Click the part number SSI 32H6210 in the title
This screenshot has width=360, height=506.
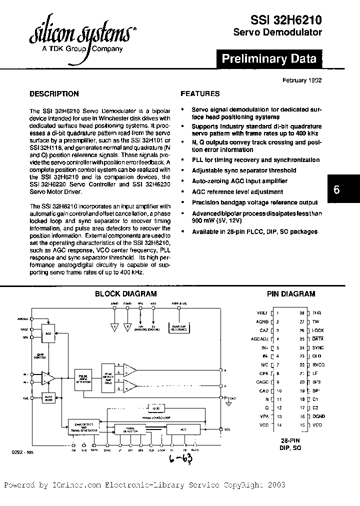click(285, 19)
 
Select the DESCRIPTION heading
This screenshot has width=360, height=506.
click(54, 93)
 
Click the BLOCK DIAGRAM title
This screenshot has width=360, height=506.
click(126, 294)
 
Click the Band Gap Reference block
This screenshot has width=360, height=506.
click(181, 327)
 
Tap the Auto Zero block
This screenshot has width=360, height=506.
click(48, 398)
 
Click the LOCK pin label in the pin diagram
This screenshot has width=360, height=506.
click(318, 330)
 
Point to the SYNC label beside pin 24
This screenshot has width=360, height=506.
click(318, 347)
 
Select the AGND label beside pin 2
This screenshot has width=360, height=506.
click(262, 322)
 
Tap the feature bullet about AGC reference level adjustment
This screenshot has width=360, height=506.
click(238, 191)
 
